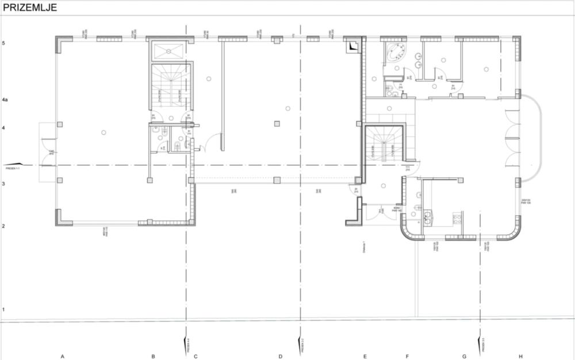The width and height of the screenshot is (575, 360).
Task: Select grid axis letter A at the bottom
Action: [x=62, y=357]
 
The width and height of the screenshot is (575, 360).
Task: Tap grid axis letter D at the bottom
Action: [x=281, y=357]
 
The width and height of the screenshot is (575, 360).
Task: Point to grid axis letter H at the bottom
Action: [x=520, y=357]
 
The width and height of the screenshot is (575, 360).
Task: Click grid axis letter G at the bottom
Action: [x=464, y=357]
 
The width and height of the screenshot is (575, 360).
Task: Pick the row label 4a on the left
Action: [x=5, y=100]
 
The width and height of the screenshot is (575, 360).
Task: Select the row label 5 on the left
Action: [x=3, y=43]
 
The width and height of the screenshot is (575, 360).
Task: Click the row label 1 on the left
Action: [x=3, y=310]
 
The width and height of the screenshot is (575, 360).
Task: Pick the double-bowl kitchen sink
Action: [x=428, y=218]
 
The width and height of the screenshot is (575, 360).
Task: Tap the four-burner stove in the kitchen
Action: [x=457, y=218]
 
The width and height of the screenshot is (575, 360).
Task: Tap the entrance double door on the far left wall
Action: [x=45, y=153]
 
